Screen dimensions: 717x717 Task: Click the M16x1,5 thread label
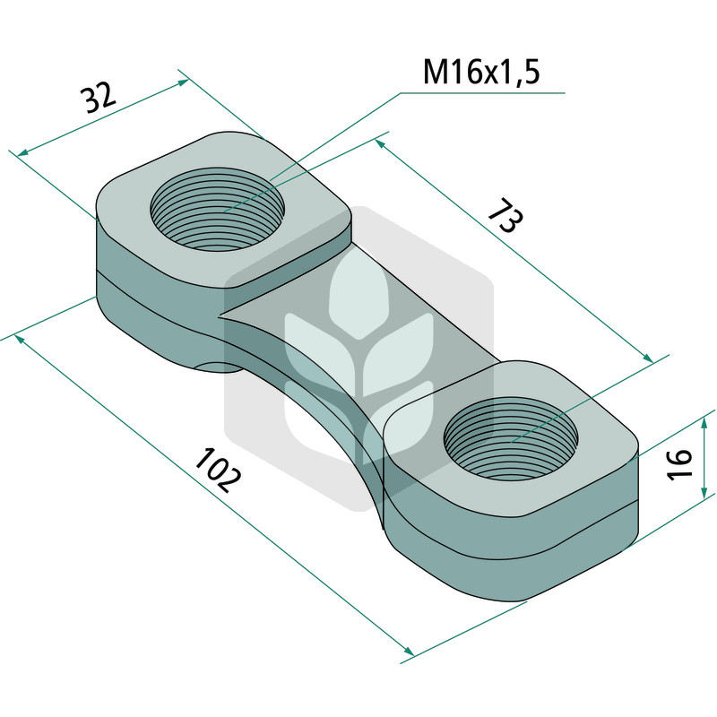(481, 72)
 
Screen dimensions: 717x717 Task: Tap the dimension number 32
(99, 98)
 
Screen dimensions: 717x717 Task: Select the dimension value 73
(505, 215)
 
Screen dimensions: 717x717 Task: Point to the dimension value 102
(218, 471)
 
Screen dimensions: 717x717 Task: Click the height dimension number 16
(679, 464)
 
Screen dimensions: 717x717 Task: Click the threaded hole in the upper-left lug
(217, 210)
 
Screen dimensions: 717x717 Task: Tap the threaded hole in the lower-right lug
(511, 438)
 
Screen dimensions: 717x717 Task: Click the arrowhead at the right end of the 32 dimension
(183, 82)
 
